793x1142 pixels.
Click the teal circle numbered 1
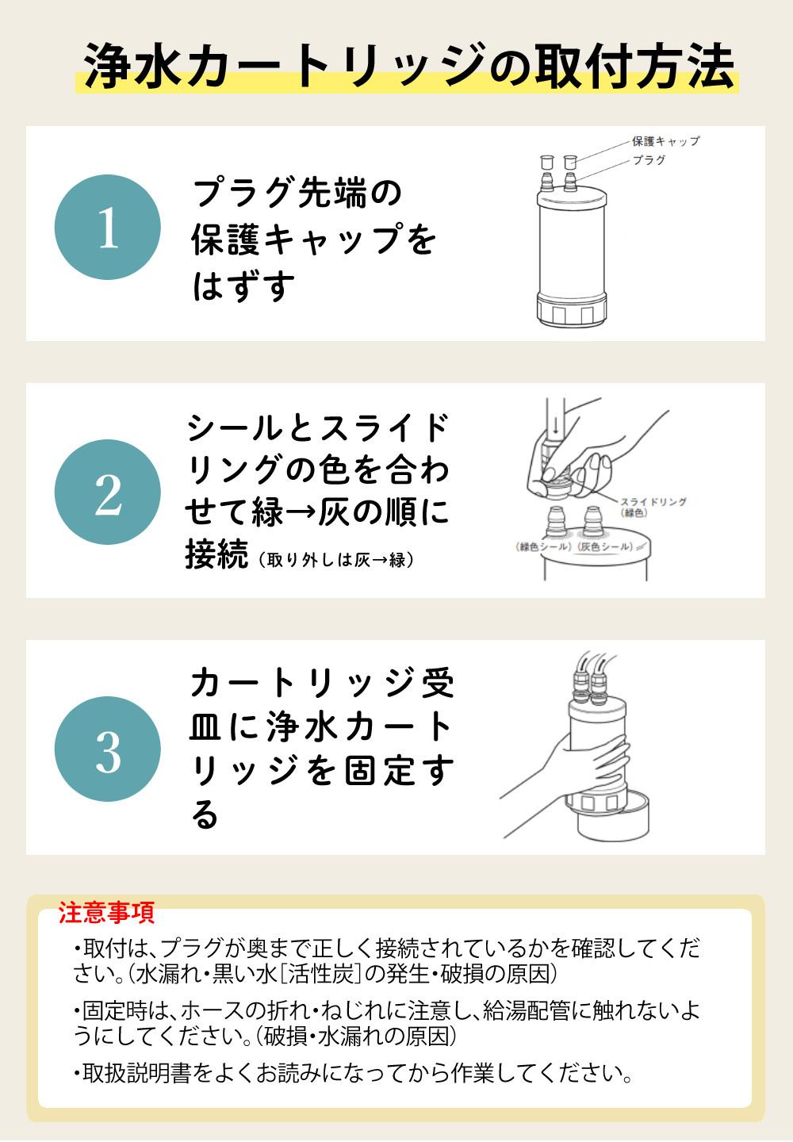[108, 227]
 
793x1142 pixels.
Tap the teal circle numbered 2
[108, 492]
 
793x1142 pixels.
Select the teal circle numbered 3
[108, 749]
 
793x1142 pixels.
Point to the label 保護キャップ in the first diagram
[666, 141]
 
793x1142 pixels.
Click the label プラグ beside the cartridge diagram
[649, 160]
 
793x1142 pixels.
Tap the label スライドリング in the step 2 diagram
[653, 502]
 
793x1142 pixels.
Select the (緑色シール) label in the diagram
[543, 546]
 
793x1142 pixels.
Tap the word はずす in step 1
[243, 286]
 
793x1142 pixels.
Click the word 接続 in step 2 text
[216, 554]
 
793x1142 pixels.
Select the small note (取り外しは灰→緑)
[336, 560]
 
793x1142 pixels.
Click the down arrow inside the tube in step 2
[556, 423]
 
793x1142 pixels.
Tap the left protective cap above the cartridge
[547, 162]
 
